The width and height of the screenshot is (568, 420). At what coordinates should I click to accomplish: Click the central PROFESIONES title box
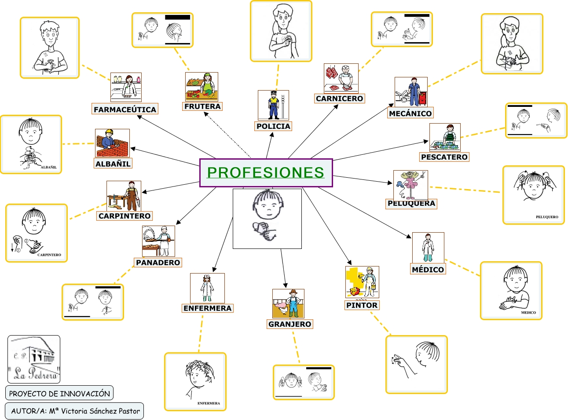pos(266,173)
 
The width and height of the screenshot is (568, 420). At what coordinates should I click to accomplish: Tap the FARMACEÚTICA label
pos(125,110)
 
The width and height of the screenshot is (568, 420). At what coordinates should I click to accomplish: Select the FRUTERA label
pos(202,106)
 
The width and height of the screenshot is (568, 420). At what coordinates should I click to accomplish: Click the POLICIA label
pos(273,126)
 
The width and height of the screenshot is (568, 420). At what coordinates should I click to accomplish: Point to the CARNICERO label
pos(339,99)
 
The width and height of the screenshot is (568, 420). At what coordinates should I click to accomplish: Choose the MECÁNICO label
pos(410,113)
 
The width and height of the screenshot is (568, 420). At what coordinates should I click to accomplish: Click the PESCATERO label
pos(444,157)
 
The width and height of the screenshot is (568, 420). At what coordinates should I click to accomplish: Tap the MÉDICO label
pos(428,270)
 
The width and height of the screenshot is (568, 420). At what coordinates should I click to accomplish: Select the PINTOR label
pos(362,305)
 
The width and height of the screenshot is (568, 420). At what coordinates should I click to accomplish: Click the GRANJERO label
pos(289,324)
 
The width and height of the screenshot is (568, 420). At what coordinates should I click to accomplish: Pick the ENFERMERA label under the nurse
pos(207,308)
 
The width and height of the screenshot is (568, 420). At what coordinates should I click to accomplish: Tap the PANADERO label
pos(158,263)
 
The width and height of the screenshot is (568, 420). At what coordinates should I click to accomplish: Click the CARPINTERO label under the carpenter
pos(125,216)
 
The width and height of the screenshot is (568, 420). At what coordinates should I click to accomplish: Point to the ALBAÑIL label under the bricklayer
pos(113,164)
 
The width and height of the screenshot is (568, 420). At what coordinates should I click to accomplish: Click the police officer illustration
pos(273,105)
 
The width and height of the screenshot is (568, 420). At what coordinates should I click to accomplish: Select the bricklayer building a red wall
pos(112,143)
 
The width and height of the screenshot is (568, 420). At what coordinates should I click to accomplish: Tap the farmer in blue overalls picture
pos(288,303)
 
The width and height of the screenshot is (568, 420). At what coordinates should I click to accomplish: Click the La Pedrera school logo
pos(34,359)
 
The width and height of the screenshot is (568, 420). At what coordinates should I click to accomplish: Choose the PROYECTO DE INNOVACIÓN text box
pos(59,394)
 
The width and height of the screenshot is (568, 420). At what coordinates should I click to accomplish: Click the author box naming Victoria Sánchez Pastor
pos(75,411)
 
